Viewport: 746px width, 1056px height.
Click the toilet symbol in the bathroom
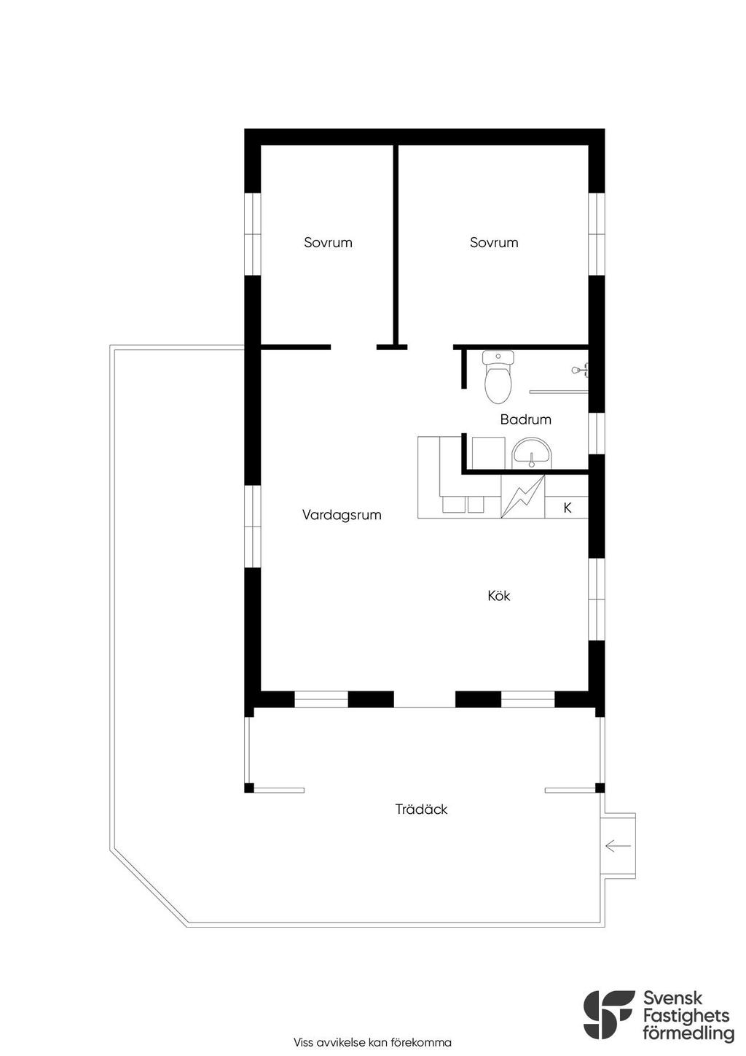[497, 377]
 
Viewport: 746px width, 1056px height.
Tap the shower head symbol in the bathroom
[580, 369]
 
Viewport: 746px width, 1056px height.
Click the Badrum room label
[525, 419]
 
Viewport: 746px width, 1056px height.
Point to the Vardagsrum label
[342, 515]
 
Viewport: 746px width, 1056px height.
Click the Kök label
[499, 596]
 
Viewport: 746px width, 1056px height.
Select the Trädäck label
[421, 810]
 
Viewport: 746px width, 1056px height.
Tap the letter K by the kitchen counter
[567, 508]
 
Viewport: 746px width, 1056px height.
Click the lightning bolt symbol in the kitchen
[522, 497]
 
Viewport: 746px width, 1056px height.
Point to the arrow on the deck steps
[618, 846]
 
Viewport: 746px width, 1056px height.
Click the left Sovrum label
[328, 242]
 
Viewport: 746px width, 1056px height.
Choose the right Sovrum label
[493, 242]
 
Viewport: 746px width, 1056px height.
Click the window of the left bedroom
[253, 234]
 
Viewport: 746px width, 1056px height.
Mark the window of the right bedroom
[597, 234]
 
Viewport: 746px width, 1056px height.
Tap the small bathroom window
[597, 434]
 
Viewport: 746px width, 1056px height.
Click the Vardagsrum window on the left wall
[253, 527]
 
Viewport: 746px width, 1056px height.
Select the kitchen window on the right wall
[597, 599]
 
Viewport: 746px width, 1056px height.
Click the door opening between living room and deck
[424, 699]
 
